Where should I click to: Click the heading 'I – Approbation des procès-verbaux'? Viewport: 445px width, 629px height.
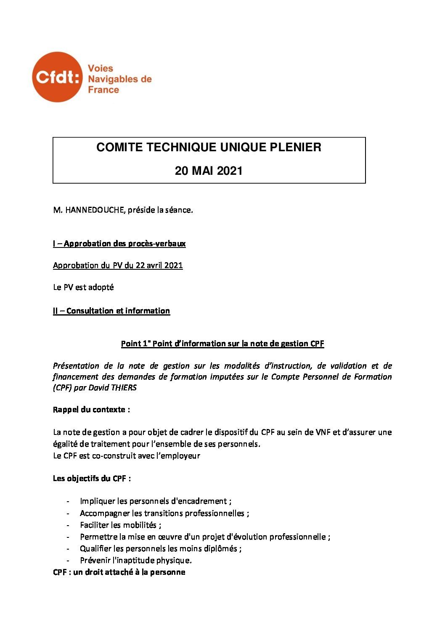pyautogui.click(x=119, y=244)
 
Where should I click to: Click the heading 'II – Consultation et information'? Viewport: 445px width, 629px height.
pyautogui.click(x=111, y=311)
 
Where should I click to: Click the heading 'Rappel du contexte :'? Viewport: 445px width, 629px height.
pyautogui.click(x=91, y=410)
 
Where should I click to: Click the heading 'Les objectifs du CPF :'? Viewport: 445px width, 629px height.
pyautogui.click(x=92, y=479)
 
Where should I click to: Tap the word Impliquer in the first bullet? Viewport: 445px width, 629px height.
pyautogui.click(x=98, y=501)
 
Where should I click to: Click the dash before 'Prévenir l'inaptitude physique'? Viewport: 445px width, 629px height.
pyautogui.click(x=68, y=561)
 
